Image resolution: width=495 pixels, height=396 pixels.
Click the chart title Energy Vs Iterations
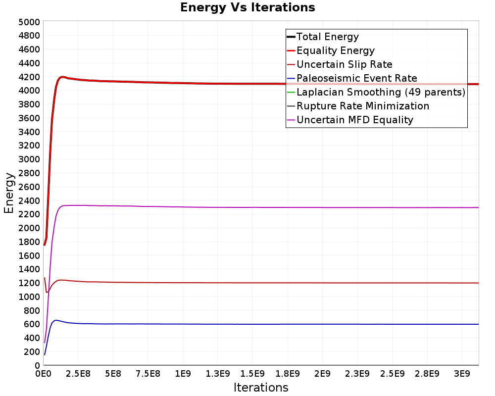point(247,7)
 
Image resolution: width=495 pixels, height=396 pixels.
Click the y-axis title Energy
point(9,193)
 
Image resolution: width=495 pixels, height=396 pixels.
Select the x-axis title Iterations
point(261,387)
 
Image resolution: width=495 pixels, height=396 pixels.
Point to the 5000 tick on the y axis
point(29,22)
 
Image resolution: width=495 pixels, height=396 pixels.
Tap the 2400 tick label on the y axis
point(29,200)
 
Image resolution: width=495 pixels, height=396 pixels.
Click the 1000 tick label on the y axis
point(29,297)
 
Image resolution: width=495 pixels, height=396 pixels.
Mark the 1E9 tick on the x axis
point(183,374)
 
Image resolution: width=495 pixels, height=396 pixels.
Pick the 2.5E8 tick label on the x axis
point(78,374)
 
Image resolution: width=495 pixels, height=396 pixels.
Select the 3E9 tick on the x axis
point(462,374)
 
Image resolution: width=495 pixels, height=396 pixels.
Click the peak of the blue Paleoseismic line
point(56,320)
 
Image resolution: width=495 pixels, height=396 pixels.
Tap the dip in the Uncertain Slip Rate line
point(47,293)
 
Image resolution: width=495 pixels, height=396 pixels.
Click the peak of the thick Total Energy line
point(62,77)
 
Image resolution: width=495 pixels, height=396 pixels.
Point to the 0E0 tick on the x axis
point(43,374)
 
